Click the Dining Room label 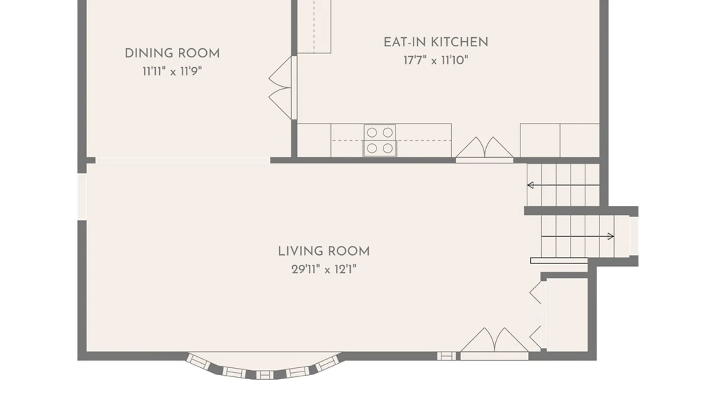coord(172,53)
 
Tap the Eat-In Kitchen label coord(436,42)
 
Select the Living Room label coord(324,251)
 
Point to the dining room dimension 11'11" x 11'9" coord(172,71)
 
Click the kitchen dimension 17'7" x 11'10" coord(436,60)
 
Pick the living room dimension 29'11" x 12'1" coord(324,269)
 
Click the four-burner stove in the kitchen coord(380,140)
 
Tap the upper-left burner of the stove coord(372,133)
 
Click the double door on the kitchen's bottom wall coord(484,149)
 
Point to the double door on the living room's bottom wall coord(494,343)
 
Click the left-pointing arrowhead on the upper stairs coord(531,185)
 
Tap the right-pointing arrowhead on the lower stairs coord(611,236)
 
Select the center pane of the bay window coord(265,375)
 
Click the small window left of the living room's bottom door coord(447,356)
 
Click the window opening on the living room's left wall coord(82,197)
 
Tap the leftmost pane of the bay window coord(198,361)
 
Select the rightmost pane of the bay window coord(328,363)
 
